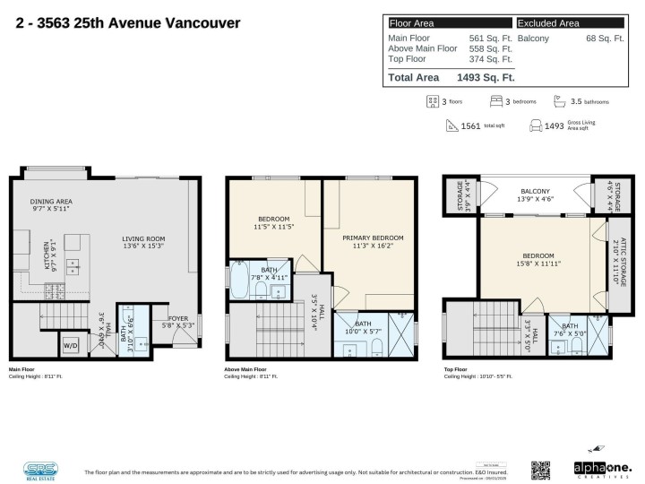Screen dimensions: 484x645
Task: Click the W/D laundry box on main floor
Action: [x=70, y=344]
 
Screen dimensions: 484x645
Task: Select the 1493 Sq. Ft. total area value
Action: [x=486, y=78]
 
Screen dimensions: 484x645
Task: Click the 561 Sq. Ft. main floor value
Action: [x=491, y=39]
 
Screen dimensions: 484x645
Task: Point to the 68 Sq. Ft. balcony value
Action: [x=606, y=39]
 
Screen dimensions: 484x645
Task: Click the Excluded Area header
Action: [x=548, y=23]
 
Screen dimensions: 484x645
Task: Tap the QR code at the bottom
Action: [x=540, y=469]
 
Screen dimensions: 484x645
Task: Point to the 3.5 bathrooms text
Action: [x=591, y=103]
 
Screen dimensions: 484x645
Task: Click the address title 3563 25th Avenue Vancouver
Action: [x=127, y=22]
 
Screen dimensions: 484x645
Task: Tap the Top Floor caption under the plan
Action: [x=455, y=369]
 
